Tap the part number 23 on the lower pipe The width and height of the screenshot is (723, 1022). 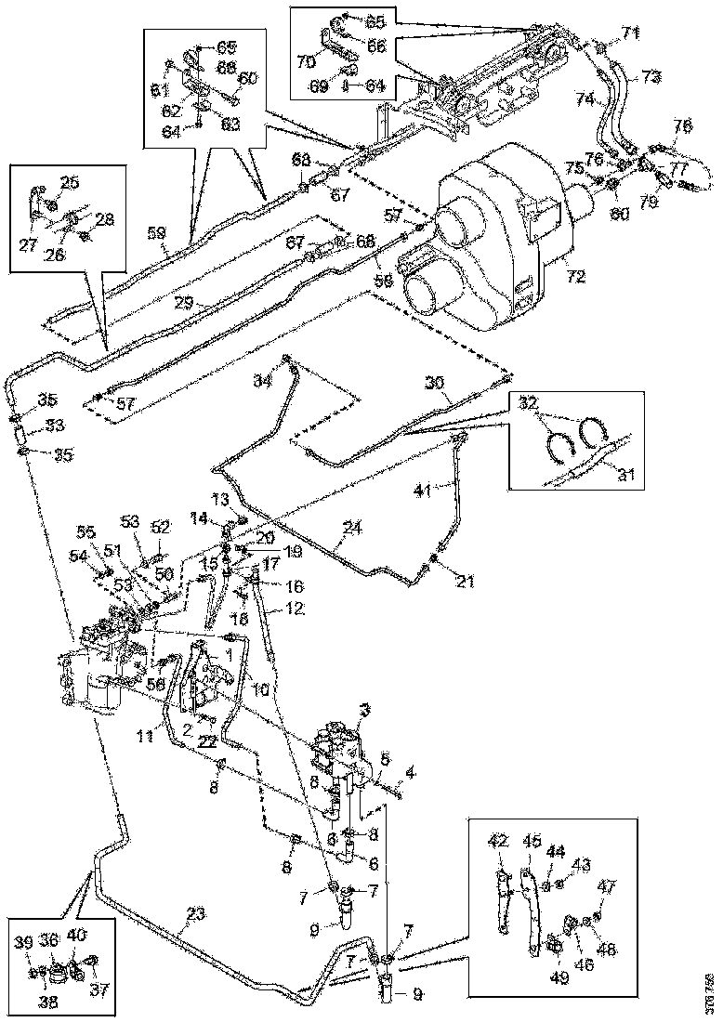coord(193,913)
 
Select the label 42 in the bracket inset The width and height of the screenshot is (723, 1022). coord(499,841)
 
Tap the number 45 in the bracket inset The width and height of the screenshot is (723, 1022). coord(532,841)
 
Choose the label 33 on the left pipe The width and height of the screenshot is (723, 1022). coord(32,426)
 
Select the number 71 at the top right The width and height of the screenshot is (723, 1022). coord(632,33)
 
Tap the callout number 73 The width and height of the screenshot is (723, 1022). coord(651,75)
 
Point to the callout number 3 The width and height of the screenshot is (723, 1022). coord(364,710)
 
